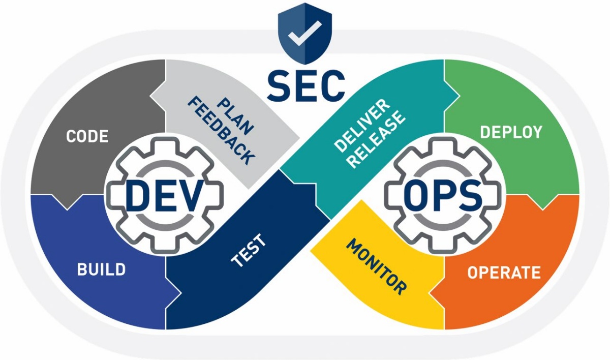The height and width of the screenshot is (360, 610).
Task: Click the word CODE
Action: [x=87, y=136]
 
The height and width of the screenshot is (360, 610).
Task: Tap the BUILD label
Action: [x=101, y=269]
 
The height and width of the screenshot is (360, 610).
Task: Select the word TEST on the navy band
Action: [x=249, y=250]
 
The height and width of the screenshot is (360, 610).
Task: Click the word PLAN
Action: [x=236, y=116]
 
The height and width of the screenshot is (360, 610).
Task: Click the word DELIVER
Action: [x=362, y=126]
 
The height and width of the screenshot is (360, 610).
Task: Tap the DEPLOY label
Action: [x=511, y=132]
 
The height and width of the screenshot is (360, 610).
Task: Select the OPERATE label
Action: [x=504, y=273]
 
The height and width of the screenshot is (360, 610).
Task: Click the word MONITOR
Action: [x=376, y=267]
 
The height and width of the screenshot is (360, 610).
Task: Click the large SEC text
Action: [x=306, y=85]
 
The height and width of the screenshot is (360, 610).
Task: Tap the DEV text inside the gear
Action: [x=165, y=195]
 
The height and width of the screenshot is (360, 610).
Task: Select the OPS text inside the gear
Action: [x=443, y=195]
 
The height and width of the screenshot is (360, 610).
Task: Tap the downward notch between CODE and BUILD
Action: [x=67, y=203]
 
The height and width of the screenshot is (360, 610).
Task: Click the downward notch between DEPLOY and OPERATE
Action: [x=543, y=203]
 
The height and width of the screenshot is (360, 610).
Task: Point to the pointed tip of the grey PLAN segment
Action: [x=299, y=138]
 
